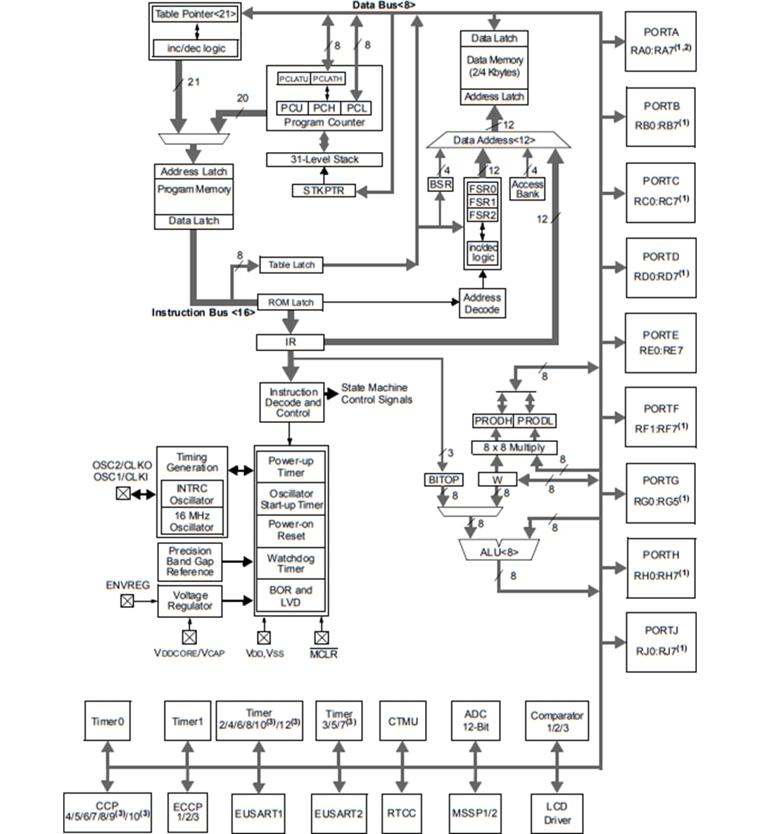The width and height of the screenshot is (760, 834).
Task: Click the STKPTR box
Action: [324, 191]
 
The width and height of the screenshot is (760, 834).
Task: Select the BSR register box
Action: [441, 184]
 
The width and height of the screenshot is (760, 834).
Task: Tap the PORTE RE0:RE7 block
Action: [660, 343]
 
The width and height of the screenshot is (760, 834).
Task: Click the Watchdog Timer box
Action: [291, 563]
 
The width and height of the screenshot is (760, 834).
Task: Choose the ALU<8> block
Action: [499, 552]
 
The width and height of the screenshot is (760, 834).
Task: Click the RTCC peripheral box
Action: [402, 813]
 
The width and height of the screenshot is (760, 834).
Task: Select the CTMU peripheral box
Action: [403, 721]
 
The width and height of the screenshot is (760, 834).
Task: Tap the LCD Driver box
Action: [557, 813]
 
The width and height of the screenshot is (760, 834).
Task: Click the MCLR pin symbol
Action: [322, 638]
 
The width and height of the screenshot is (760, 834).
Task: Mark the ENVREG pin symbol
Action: [127, 600]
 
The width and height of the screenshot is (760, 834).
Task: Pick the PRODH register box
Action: [493, 421]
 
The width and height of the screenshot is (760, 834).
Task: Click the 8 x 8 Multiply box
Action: [514, 448]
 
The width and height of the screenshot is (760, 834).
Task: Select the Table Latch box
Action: [291, 265]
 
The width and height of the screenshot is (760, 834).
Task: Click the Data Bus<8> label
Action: [384, 5]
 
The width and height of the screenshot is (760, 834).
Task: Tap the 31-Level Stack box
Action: [324, 160]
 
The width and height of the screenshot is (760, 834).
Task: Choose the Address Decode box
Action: [482, 303]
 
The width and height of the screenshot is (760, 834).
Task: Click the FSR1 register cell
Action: [483, 202]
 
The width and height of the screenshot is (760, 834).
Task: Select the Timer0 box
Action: [108, 721]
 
